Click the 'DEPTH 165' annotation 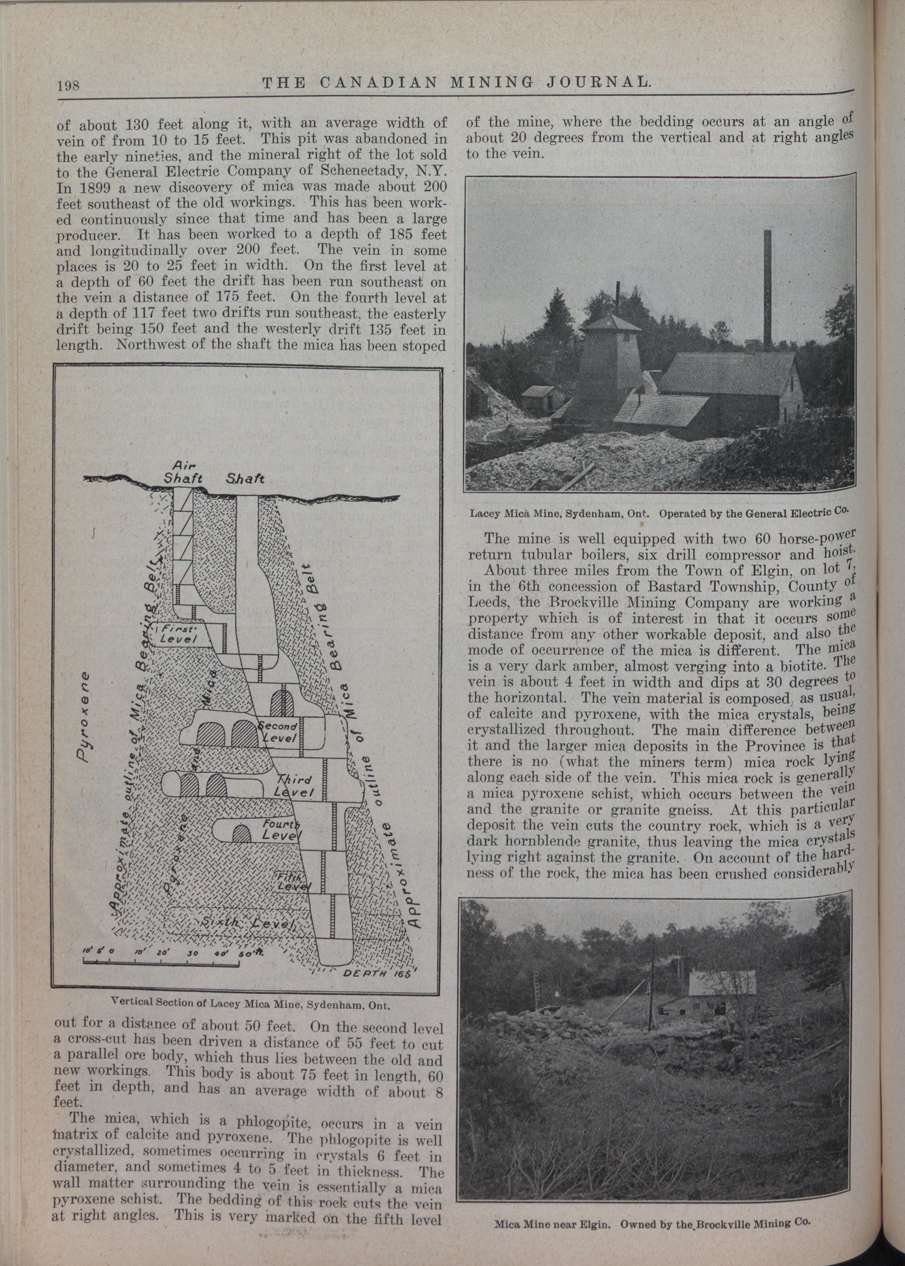pos(376,973)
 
